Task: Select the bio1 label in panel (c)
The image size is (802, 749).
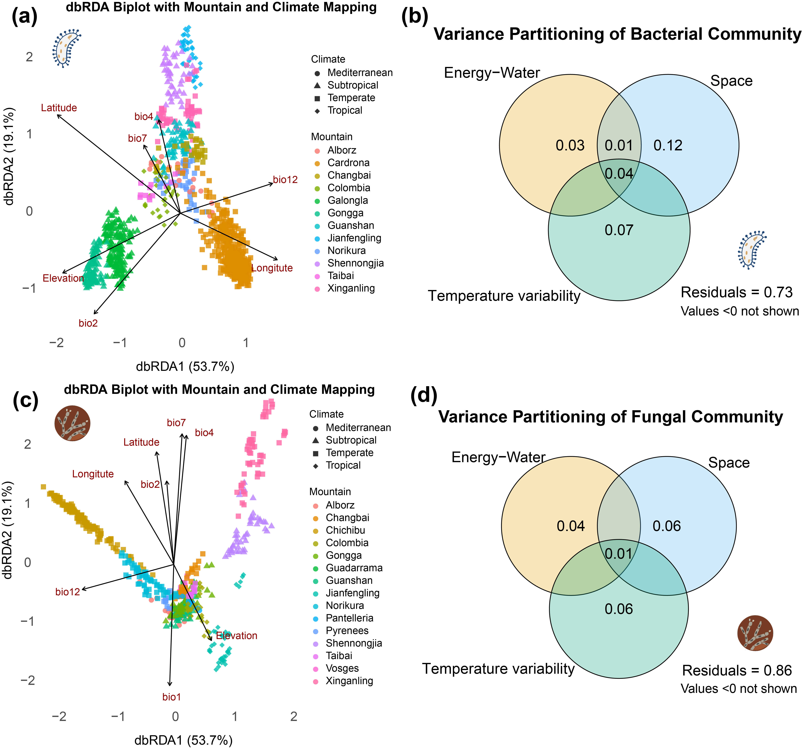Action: [x=171, y=697]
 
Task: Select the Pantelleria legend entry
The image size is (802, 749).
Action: [x=349, y=618]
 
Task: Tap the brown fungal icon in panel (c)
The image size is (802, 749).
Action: [x=72, y=423]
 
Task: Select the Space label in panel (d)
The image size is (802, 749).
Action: [x=729, y=463]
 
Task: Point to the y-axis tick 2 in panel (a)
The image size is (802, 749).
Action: [x=29, y=57]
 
